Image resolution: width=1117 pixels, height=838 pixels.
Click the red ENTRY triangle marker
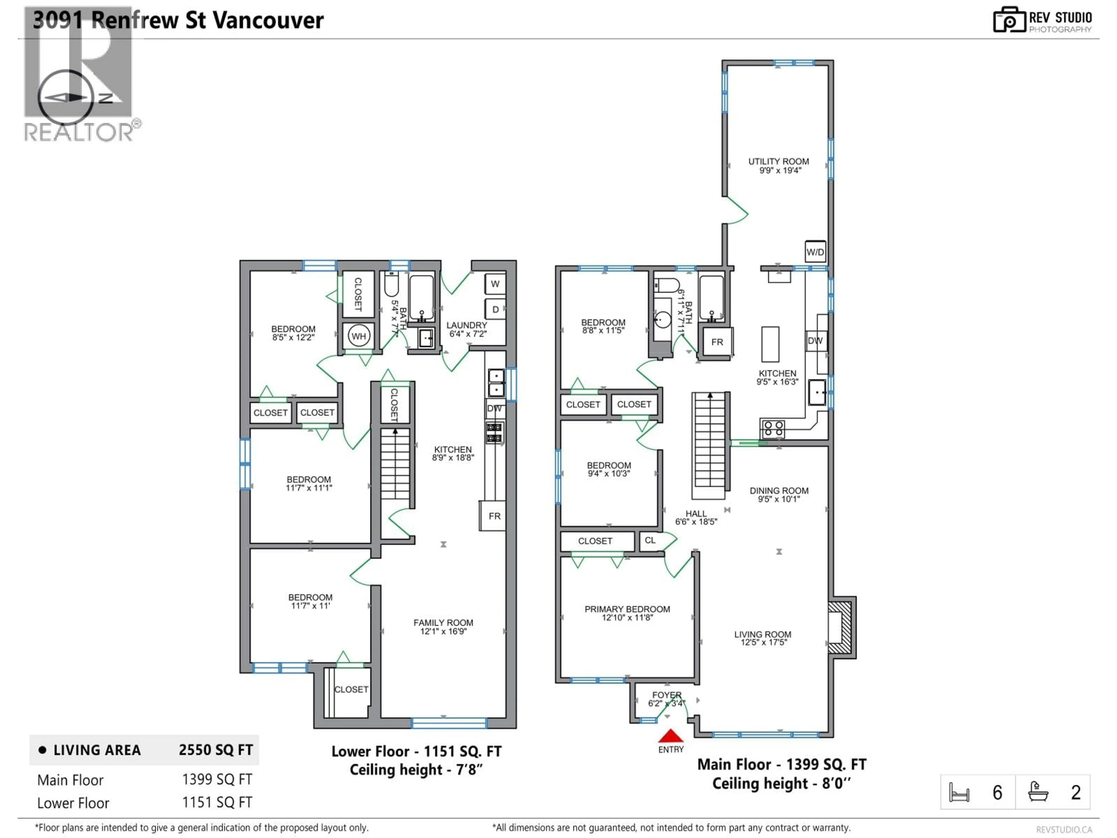coord(670,736)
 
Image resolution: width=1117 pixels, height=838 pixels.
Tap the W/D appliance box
coord(815,252)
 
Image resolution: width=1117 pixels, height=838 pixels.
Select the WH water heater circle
coord(359,336)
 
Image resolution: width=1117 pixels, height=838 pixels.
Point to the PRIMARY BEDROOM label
coord(627,609)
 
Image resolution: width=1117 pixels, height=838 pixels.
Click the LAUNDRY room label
coord(467,325)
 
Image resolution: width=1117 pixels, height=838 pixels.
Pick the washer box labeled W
coord(495,284)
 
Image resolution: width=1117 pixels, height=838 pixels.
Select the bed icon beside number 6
coord(959,792)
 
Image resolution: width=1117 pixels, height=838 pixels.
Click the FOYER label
coord(667,695)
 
